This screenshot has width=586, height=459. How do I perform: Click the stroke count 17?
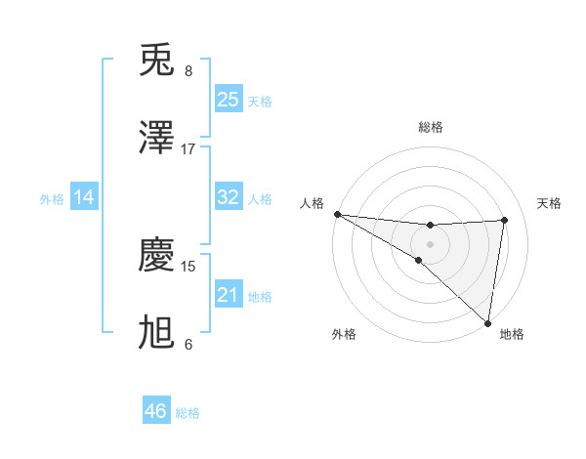188,148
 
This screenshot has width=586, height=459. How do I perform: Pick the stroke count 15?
188,266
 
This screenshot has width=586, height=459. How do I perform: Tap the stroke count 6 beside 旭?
188,344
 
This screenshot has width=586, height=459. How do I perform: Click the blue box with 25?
228,99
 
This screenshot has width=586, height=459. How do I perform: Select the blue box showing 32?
228,197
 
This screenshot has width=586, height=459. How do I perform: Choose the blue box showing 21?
228,295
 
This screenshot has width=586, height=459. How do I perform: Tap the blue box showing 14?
84,197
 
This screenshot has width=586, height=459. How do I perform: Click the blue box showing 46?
156,411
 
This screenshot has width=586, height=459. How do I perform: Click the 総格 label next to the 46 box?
188,413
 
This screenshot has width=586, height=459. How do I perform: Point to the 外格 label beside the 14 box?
52,199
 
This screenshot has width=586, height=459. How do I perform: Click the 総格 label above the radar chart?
430,127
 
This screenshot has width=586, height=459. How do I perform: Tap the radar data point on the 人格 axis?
336,214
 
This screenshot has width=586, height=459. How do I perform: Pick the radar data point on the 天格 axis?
504,220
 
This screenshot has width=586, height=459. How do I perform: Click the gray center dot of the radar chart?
430,243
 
